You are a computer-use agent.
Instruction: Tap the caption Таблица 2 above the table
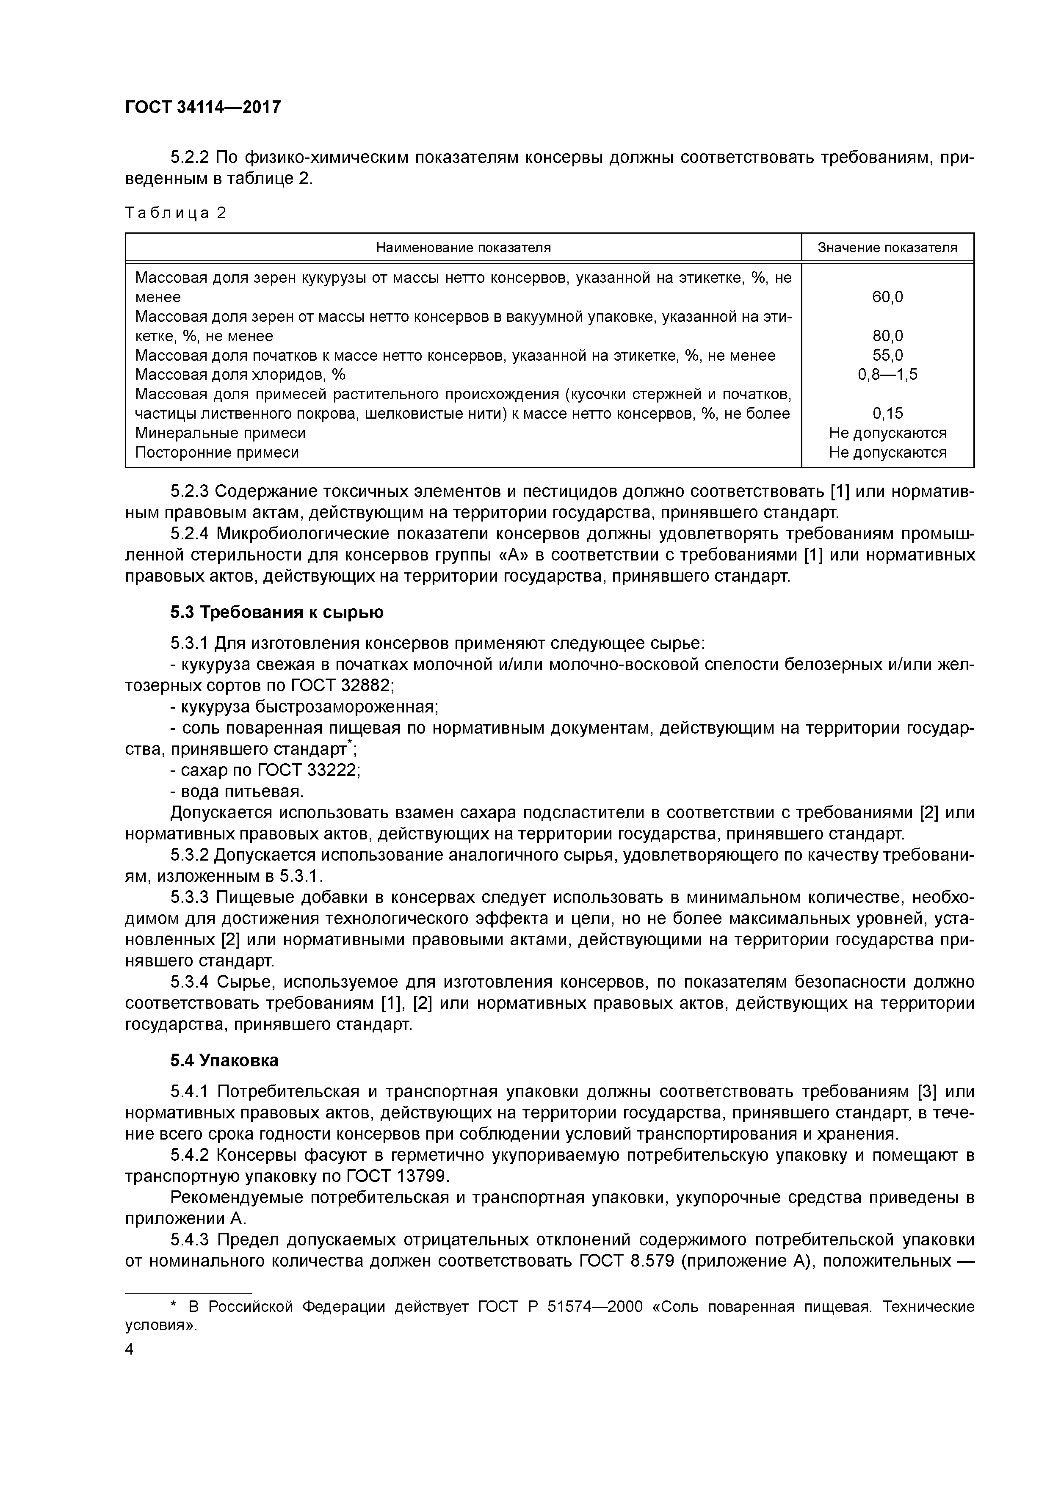coord(176,213)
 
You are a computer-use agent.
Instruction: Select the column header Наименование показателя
coord(463,248)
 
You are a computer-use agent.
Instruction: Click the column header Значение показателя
coord(887,248)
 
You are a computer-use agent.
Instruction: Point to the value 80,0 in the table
coord(887,336)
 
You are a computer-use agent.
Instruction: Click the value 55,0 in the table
coord(887,356)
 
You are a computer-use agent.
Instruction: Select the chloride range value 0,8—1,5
coord(887,375)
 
